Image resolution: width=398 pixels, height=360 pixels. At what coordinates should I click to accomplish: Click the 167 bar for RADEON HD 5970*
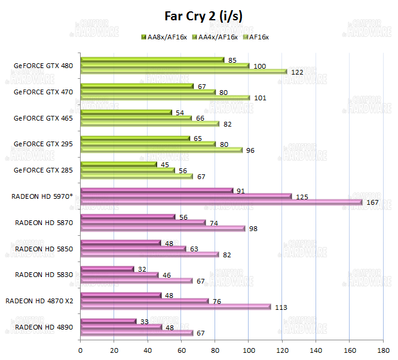tap(221, 202)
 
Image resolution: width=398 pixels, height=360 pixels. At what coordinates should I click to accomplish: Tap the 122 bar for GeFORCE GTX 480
tap(183, 72)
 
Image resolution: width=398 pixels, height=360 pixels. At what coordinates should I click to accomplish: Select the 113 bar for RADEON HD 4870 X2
tap(176, 307)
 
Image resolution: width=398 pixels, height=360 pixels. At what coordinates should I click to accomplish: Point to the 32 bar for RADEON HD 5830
tap(107, 269)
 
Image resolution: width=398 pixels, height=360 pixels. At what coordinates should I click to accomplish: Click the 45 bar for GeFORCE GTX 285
tap(118, 164)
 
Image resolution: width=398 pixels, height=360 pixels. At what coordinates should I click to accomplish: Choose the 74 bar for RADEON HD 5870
tap(143, 223)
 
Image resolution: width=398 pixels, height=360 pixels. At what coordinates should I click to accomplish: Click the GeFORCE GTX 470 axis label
tap(44, 92)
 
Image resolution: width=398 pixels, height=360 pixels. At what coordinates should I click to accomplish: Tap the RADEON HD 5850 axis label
tap(44, 248)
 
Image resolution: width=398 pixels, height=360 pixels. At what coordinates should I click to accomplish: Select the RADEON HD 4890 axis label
tap(44, 327)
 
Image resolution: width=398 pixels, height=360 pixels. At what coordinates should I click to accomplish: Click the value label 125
tap(302, 196)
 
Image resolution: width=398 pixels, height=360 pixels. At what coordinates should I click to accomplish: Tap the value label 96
tap(250, 150)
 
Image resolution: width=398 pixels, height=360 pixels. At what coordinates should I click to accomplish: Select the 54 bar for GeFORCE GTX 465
tap(126, 112)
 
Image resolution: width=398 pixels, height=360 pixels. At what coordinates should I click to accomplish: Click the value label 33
tap(144, 321)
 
